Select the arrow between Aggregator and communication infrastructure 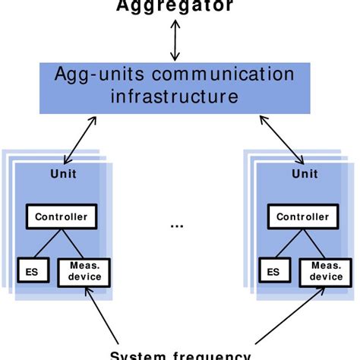point(175,39)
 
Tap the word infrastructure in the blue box point(175,96)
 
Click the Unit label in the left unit point(63,174)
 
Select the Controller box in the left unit point(62,216)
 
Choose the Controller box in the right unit point(302,216)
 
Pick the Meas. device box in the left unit point(84,271)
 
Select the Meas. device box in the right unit point(325,271)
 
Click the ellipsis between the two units point(176,226)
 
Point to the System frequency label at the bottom point(180,355)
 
